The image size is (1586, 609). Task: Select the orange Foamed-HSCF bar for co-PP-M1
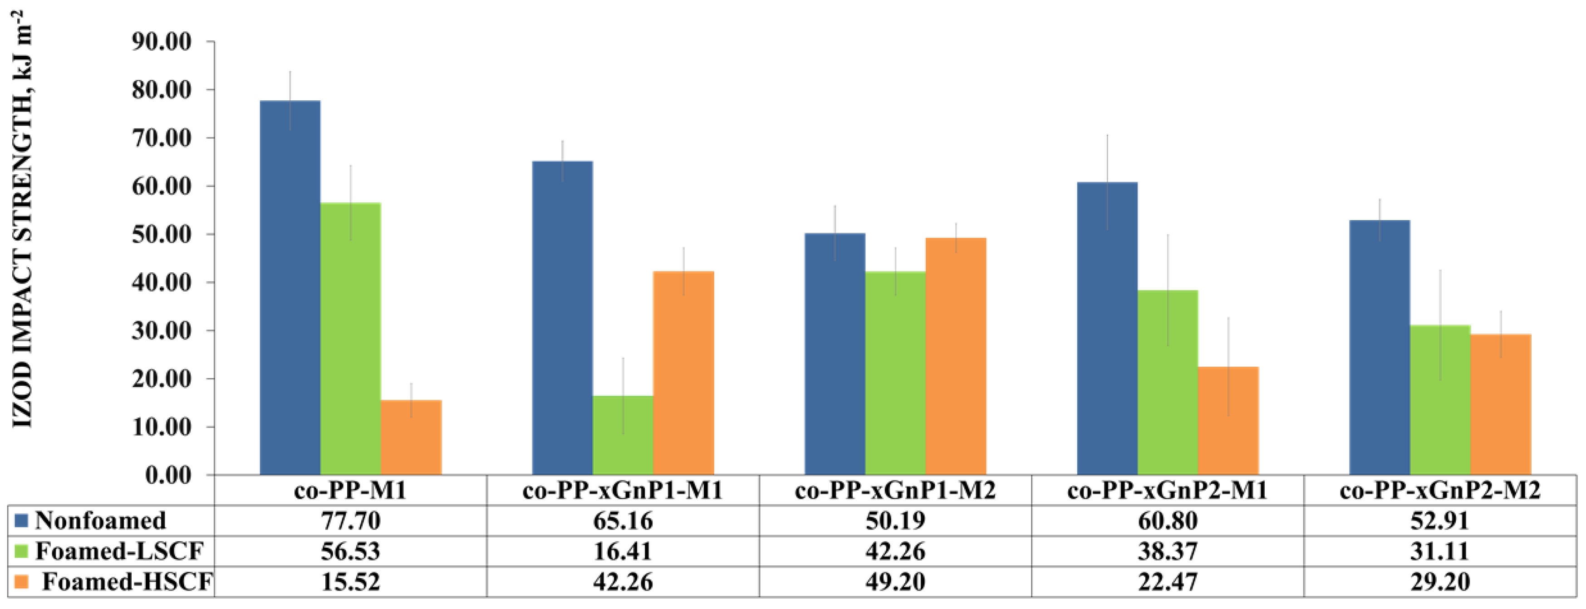(411, 437)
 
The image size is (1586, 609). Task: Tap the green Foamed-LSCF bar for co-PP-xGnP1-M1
(623, 435)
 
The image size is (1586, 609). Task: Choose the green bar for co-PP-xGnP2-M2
(1440, 400)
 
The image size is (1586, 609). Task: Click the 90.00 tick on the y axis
(161, 42)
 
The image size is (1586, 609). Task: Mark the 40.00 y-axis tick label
(161, 283)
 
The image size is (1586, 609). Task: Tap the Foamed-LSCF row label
(119, 551)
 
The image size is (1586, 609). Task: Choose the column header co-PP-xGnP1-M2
(895, 491)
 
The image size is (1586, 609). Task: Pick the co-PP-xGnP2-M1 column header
(1167, 491)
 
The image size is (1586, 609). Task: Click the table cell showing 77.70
(350, 521)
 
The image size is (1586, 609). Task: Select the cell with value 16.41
(623, 551)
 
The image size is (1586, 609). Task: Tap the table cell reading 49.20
(895, 581)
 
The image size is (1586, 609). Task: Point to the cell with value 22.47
(1167, 581)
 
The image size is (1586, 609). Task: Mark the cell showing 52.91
(1439, 521)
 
